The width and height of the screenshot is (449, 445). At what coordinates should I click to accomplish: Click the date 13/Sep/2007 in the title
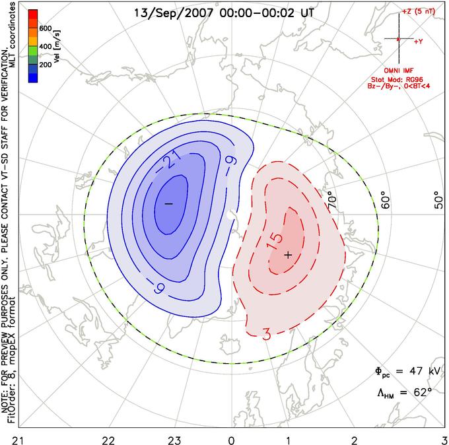pyautogui.click(x=174, y=13)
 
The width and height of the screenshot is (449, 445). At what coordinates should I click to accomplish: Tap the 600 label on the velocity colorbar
pyautogui.click(x=46, y=28)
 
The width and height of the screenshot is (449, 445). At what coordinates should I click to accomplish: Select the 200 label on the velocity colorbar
pyautogui.click(x=46, y=65)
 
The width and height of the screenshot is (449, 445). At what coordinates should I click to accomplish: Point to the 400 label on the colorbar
pyautogui.click(x=46, y=46)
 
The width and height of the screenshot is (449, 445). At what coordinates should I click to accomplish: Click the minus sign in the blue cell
pyautogui.click(x=168, y=203)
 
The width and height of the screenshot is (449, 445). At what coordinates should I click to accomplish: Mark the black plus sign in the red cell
pyautogui.click(x=288, y=255)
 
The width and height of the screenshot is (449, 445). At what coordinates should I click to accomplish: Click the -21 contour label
pyautogui.click(x=168, y=162)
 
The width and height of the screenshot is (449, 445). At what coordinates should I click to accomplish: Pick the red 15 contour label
pyautogui.click(x=274, y=242)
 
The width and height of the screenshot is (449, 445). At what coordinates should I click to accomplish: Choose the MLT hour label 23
pyautogui.click(x=174, y=440)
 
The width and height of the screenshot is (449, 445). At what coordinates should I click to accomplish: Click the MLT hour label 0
pyautogui.click(x=231, y=440)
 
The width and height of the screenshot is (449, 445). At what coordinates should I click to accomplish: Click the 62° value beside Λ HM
pyautogui.click(x=423, y=392)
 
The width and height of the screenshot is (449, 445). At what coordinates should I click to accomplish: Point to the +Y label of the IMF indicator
pyautogui.click(x=419, y=42)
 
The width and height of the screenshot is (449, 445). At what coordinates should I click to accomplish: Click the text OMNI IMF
pyautogui.click(x=399, y=71)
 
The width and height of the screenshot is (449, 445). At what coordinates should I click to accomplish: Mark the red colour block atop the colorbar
pyautogui.click(x=33, y=14)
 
